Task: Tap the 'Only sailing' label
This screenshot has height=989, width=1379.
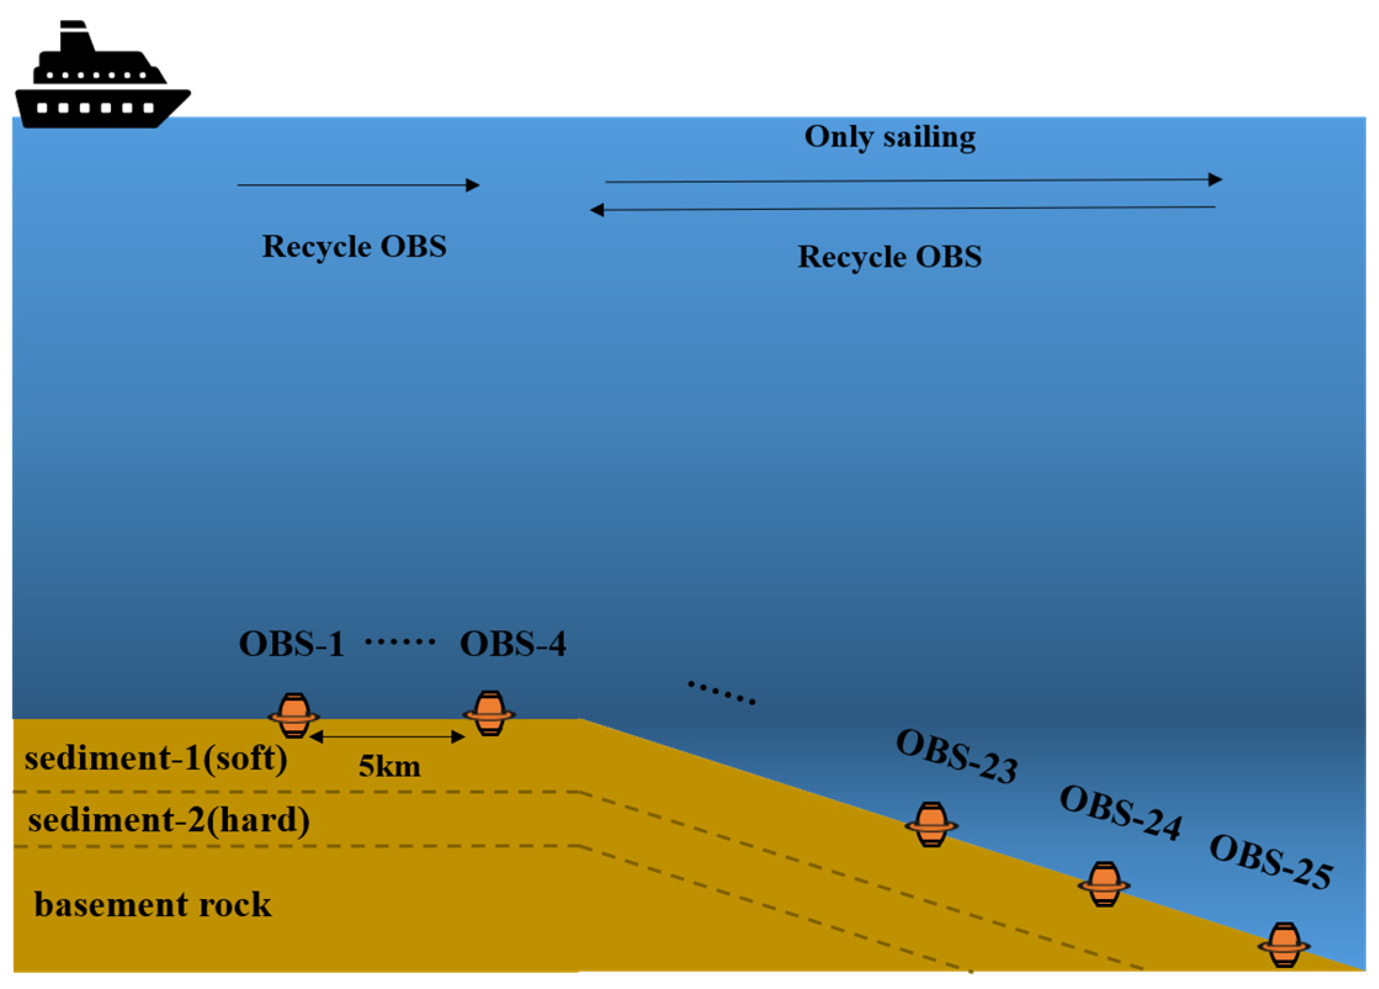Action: (x=889, y=137)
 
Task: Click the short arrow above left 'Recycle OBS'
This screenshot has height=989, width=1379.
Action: (x=358, y=185)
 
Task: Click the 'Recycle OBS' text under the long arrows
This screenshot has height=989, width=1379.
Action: (x=889, y=257)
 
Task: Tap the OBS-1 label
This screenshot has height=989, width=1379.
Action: (x=291, y=645)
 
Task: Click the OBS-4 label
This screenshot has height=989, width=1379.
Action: (x=512, y=645)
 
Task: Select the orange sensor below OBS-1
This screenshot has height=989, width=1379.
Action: (x=294, y=715)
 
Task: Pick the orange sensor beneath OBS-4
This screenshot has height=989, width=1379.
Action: (x=489, y=714)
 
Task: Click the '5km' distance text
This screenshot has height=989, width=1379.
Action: (x=389, y=767)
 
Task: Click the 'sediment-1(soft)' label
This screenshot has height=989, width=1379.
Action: (x=156, y=758)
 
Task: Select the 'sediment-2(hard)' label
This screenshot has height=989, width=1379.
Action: (x=169, y=821)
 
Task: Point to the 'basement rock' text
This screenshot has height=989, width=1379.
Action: (x=152, y=905)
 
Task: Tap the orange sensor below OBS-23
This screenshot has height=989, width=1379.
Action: (x=931, y=824)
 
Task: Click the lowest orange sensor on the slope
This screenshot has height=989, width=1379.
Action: (x=1284, y=945)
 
